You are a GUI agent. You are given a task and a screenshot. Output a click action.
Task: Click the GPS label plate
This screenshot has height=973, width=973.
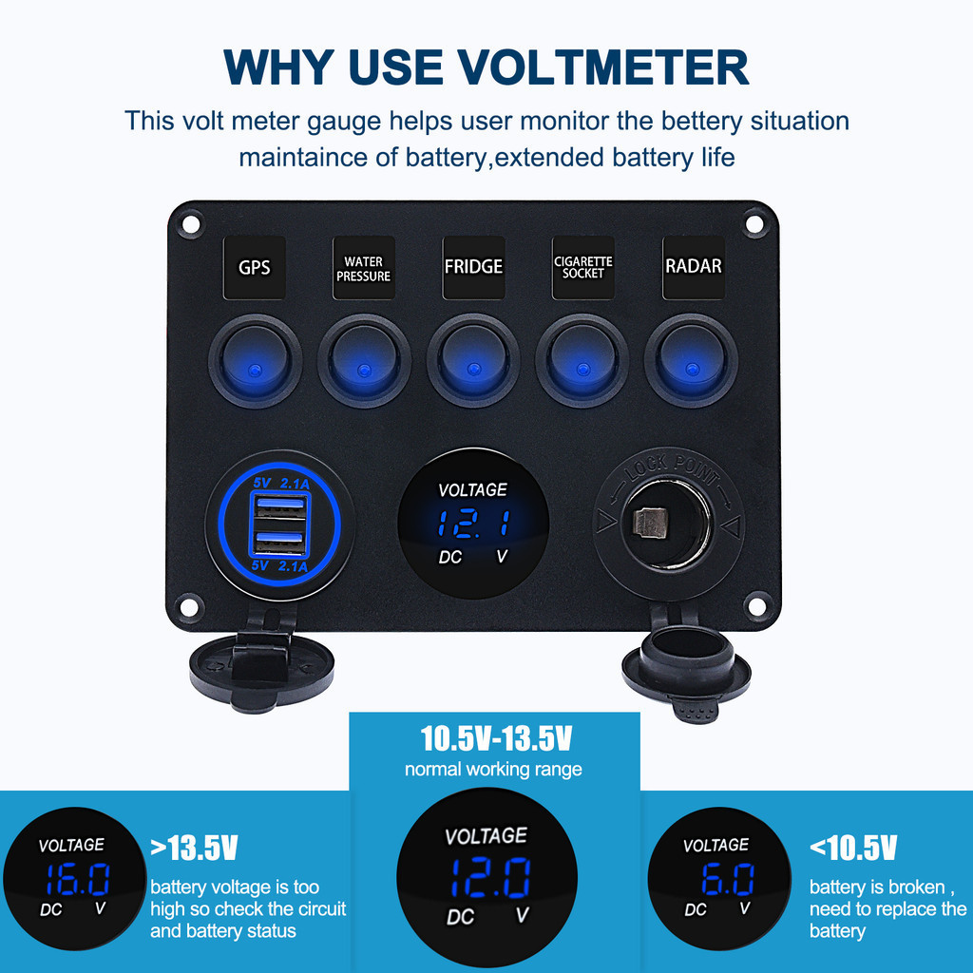tap(255, 267)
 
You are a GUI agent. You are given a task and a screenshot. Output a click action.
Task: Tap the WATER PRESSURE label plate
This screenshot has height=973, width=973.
tap(364, 267)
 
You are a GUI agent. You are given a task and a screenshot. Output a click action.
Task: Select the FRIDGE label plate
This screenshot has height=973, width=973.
tap(473, 267)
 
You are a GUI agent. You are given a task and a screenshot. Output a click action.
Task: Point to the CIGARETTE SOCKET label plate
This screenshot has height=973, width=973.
tap(583, 267)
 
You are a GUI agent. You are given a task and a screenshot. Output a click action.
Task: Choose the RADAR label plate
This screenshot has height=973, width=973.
tap(693, 267)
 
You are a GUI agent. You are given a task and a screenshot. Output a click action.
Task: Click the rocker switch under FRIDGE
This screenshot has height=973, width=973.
tap(473, 360)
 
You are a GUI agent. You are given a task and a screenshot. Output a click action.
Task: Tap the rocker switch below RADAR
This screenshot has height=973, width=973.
tap(692, 360)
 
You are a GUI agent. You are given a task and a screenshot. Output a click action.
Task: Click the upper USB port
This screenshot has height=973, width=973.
tap(280, 506)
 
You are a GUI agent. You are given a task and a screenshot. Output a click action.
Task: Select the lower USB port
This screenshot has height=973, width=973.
tap(280, 542)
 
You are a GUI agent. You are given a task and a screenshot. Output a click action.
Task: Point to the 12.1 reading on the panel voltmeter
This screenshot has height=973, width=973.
tap(474, 523)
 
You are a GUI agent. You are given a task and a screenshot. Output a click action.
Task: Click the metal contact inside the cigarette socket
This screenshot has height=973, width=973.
tap(649, 523)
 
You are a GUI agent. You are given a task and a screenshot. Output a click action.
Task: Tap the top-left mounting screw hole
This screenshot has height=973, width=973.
tap(190, 223)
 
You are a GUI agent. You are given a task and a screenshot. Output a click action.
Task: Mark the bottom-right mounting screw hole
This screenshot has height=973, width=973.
tap(757, 605)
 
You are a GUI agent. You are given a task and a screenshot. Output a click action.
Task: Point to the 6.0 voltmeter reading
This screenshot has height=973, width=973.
tap(727, 879)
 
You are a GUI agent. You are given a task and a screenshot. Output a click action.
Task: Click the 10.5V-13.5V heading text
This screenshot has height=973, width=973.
tap(496, 738)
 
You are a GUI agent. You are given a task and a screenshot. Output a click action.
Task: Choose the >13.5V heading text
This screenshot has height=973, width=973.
tap(194, 848)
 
